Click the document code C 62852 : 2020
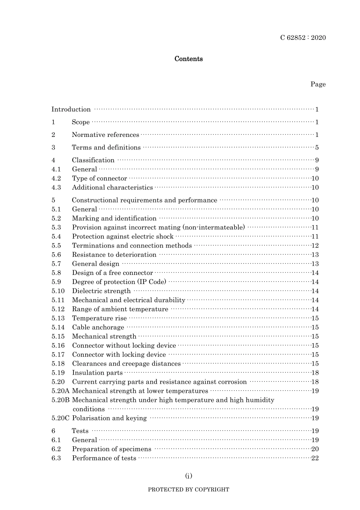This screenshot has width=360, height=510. pos(303,38)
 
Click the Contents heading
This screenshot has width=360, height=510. pos(188,59)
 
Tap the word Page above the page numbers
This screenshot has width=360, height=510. pos(318,84)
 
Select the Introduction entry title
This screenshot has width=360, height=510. pos(71,110)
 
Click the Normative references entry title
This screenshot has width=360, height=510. pos(105,135)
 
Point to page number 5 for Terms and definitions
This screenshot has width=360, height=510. pos(317,148)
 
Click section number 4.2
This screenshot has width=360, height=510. pos(56,179)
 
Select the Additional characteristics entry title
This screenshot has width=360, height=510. pos(112,188)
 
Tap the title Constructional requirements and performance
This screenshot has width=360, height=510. pos(144,200)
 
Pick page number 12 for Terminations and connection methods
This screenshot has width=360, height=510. pos(315,246)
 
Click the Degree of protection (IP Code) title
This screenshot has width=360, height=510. pos(119,282)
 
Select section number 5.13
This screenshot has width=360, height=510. pos(58,319)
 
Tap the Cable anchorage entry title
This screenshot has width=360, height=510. pos(98,328)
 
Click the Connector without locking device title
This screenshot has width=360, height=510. pos(124,346)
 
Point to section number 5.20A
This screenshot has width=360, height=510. pos(60,391)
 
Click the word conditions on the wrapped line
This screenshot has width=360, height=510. pos(88,409)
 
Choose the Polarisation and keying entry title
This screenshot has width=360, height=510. pos(109,418)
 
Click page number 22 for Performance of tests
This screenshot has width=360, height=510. pos(315,458)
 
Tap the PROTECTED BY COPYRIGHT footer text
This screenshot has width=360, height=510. pos(188,490)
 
